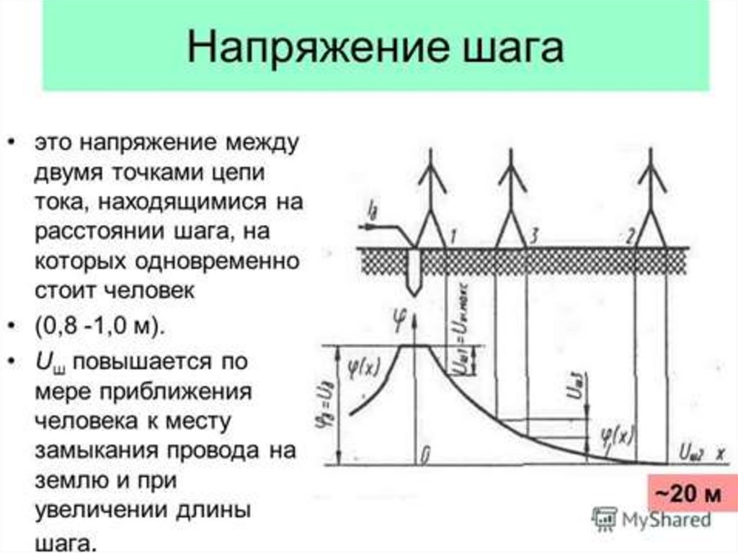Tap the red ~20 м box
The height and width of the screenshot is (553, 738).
click(x=686, y=495)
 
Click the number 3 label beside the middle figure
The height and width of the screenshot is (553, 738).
click(x=533, y=236)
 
